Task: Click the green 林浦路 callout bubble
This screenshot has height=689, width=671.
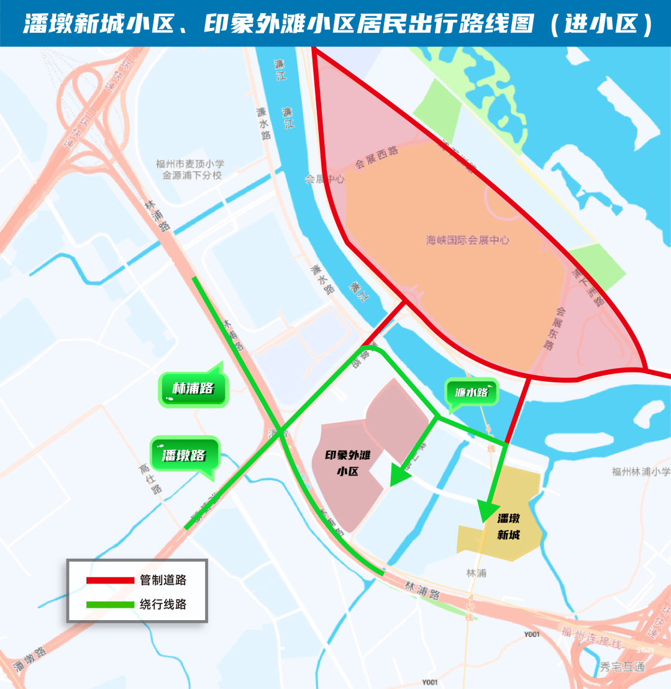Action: tap(194, 389)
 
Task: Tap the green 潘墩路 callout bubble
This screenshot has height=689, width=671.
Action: tap(185, 454)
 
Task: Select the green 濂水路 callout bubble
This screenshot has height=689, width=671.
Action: tap(472, 392)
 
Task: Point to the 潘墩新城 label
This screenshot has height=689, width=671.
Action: tap(508, 526)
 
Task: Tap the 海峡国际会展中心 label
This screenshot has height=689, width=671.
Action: tap(468, 240)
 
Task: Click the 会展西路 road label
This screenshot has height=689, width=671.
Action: tap(377, 158)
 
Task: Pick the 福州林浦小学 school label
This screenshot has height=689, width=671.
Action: tap(641, 472)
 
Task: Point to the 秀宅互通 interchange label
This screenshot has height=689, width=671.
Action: tap(623, 667)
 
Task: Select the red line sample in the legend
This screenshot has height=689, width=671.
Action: tap(110, 580)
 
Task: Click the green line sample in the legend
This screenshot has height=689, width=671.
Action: tap(110, 604)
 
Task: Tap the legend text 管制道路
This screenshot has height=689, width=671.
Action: tap(163, 580)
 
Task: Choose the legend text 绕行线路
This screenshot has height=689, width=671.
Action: tap(163, 604)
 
